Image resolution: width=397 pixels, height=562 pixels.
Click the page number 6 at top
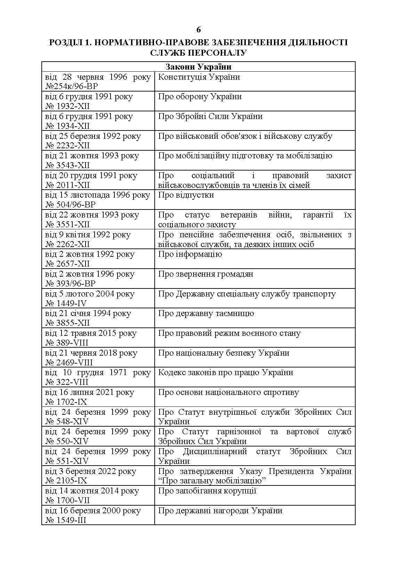(x=198, y=30)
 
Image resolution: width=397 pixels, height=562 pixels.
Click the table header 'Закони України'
(x=198, y=67)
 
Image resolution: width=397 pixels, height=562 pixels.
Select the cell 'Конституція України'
(x=199, y=77)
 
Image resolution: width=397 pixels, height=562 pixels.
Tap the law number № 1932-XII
(x=67, y=106)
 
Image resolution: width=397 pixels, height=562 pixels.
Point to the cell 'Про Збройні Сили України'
(x=210, y=116)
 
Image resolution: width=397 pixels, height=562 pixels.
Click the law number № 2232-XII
(x=67, y=145)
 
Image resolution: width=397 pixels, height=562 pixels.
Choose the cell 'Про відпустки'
(x=186, y=195)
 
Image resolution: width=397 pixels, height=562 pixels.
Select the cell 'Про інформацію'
(x=190, y=254)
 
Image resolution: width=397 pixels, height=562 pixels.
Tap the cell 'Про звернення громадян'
(x=205, y=274)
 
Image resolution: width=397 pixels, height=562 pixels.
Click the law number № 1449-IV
(x=66, y=303)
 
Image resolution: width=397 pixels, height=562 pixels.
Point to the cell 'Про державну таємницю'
(x=206, y=313)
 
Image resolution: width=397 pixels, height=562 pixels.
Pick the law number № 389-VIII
(x=67, y=343)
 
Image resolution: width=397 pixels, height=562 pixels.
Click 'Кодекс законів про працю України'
(x=226, y=372)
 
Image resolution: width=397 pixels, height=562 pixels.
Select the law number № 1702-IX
(x=66, y=402)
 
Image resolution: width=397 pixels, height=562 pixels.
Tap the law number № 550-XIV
(x=67, y=441)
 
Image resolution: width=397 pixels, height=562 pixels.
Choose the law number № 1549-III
(x=66, y=520)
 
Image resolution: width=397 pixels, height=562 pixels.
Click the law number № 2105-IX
(x=66, y=481)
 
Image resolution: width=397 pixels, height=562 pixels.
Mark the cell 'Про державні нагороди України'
(x=220, y=510)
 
